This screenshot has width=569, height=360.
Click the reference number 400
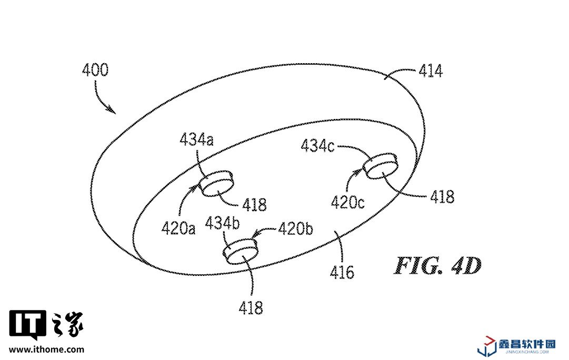(x=95, y=70)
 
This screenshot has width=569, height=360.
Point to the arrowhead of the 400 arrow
(x=113, y=111)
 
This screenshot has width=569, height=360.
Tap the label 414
(x=430, y=71)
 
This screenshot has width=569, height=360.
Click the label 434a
(x=197, y=139)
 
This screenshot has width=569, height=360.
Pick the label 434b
(x=223, y=223)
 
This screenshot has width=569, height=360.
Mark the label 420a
(x=178, y=228)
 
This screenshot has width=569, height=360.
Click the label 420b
(x=295, y=229)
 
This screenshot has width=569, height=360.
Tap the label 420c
(x=348, y=202)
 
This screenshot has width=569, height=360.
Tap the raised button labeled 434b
(x=241, y=252)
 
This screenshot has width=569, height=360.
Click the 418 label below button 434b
(x=251, y=307)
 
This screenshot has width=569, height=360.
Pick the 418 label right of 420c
(x=442, y=197)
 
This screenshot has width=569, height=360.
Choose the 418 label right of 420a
(x=255, y=204)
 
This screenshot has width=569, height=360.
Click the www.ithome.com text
(x=47, y=349)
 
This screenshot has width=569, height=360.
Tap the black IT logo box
(x=28, y=325)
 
